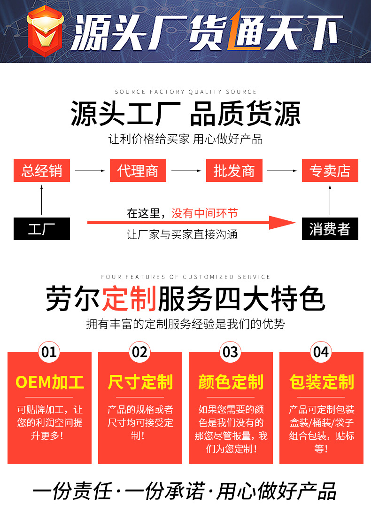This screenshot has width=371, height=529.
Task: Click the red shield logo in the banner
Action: pyautogui.click(x=45, y=31)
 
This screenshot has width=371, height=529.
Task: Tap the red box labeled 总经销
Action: pyautogui.click(x=42, y=171)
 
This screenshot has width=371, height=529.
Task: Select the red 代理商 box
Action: pyautogui.click(x=138, y=171)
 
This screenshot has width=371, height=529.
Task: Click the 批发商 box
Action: pyautogui.click(x=234, y=171)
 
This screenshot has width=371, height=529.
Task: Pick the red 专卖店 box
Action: pyautogui.click(x=330, y=171)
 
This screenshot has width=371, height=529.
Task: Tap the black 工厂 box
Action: pyautogui.click(x=42, y=229)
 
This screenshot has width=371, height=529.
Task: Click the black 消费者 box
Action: pyautogui.click(x=330, y=229)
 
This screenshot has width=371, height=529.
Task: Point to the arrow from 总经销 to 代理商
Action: pyautogui.click(x=90, y=171)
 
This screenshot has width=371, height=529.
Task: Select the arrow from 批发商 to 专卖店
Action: pyautogui.click(x=282, y=171)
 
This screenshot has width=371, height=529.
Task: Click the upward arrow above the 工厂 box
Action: pyautogui.click(x=42, y=200)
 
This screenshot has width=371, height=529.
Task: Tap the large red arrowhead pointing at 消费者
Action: pyautogui.click(x=282, y=222)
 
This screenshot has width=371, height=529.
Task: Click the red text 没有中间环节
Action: pyautogui.click(x=204, y=213)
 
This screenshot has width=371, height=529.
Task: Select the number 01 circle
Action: pyautogui.click(x=49, y=352)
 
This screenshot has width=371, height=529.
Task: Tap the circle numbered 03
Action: pyautogui.click(x=230, y=352)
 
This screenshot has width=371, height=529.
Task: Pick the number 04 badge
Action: pyautogui.click(x=321, y=352)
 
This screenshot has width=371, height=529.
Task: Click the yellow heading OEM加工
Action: pyautogui.click(x=50, y=382)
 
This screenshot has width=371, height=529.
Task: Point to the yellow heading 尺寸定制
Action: pyautogui.click(x=140, y=382)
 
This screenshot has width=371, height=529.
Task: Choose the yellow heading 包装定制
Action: pyautogui.click(x=321, y=382)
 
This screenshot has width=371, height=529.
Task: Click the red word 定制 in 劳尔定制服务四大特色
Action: pyautogui.click(x=129, y=299)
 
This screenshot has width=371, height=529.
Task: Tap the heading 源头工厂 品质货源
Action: pyautogui.click(x=185, y=114)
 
